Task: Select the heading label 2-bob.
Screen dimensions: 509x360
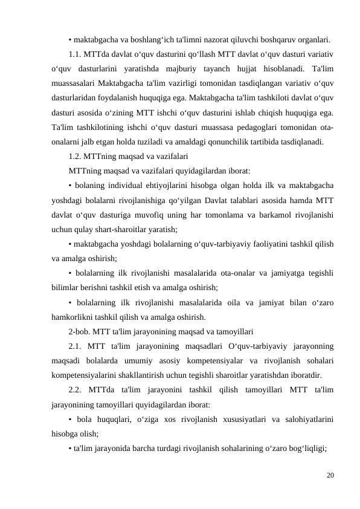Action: pos(81,332)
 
